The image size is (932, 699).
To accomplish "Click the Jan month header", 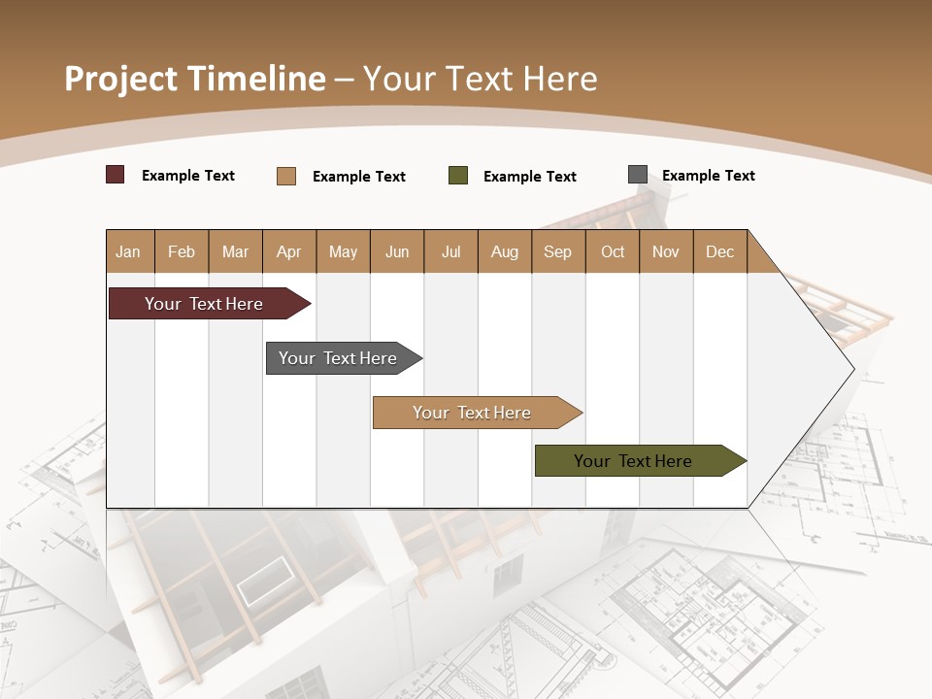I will pos(129,251).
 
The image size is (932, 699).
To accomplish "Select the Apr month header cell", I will pos(289,251).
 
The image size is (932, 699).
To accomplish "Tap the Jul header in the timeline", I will pos(450,251).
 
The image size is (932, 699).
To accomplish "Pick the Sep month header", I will pos(558,251).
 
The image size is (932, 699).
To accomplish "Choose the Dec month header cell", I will pos(719,251).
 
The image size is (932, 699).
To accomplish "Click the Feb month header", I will pos(182,251).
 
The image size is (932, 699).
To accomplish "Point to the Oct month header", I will pos(613,251).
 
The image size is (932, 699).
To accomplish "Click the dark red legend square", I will pos(116,175).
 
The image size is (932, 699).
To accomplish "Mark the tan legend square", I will pos(286,176).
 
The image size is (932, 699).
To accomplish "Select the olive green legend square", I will pos(458,176).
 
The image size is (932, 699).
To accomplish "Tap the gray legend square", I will pos(638,175).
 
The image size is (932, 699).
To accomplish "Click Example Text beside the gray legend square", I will pos(708,176).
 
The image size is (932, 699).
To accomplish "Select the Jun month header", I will pos(397,251).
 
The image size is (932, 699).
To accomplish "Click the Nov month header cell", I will pos(666,251).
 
